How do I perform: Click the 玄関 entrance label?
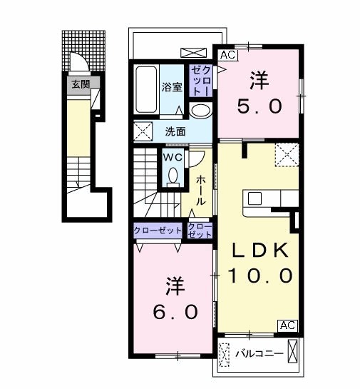81,84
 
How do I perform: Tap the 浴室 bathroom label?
172,87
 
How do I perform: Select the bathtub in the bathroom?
146,89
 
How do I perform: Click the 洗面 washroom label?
175,132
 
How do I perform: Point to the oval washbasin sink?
201,111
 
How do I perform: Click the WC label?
173,157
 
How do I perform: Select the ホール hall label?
201,191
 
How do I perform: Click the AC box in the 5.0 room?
227,55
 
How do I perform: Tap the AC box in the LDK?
287,325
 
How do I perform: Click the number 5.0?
259,106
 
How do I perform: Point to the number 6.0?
175,312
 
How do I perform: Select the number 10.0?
260,276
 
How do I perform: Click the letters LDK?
260,250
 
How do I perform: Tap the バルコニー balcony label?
259,353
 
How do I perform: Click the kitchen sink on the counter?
254,198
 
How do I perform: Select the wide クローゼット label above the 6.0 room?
158,231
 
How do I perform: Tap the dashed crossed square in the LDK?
287,155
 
